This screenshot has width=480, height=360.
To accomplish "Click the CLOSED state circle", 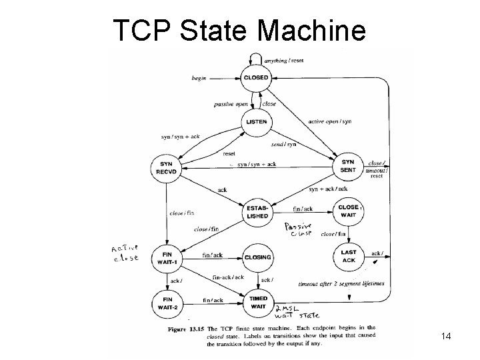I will (x=256, y=78).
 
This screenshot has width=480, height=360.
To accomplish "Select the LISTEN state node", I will (x=256, y=122).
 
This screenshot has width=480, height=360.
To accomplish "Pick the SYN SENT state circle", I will (x=347, y=166).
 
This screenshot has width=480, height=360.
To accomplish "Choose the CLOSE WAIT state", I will (x=347, y=211).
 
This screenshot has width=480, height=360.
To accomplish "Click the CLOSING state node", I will (x=258, y=257).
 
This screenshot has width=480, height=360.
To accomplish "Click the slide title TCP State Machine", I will (x=239, y=29).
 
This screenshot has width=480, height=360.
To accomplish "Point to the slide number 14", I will (x=446, y=337).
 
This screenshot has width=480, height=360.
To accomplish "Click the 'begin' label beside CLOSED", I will (x=199, y=78).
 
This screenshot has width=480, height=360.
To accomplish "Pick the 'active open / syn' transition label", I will (x=330, y=121).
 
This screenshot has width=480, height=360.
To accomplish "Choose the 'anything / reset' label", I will (x=285, y=61).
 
